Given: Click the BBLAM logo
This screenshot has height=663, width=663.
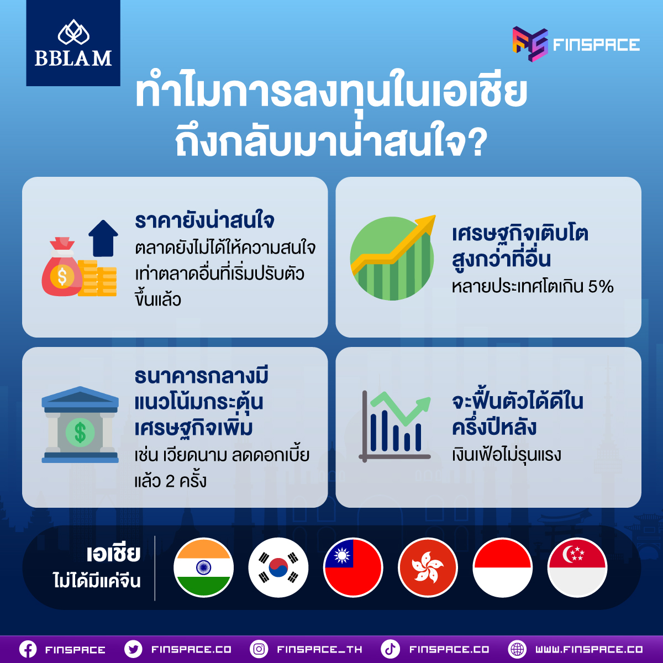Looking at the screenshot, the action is click(73, 43).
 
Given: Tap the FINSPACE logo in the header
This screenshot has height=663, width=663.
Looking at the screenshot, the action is click(576, 44).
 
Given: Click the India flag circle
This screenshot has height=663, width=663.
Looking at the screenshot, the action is click(204, 567).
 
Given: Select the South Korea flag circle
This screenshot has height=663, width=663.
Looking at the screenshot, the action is click(278, 567).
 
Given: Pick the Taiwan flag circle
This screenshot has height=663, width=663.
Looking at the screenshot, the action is click(353, 567).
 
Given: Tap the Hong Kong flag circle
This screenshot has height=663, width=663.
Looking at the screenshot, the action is click(428, 567).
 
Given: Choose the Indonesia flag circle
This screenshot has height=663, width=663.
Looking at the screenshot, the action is click(503, 567).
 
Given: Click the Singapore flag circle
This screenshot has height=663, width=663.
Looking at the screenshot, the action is click(577, 567).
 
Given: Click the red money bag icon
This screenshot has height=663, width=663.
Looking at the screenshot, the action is click(62, 267).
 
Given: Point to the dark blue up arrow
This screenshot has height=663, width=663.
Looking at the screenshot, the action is click(103, 239).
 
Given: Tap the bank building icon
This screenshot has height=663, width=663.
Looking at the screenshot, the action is click(80, 424).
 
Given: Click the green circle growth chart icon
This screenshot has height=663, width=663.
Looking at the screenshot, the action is click(393, 257).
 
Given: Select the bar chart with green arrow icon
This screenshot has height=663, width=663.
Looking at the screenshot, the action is click(395, 427).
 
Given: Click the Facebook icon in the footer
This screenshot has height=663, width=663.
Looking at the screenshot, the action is click(28, 649).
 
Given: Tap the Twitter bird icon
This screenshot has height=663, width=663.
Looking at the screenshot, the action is click(134, 649).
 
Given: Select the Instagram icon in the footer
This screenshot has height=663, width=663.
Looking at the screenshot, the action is click(259, 649).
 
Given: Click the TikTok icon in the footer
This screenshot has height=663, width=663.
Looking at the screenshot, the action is click(390, 649).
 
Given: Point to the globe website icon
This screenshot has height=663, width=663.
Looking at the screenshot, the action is click(517, 649).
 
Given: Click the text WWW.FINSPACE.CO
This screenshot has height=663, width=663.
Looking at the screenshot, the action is click(589, 649).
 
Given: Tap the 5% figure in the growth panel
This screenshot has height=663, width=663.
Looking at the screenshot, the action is click(601, 287).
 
